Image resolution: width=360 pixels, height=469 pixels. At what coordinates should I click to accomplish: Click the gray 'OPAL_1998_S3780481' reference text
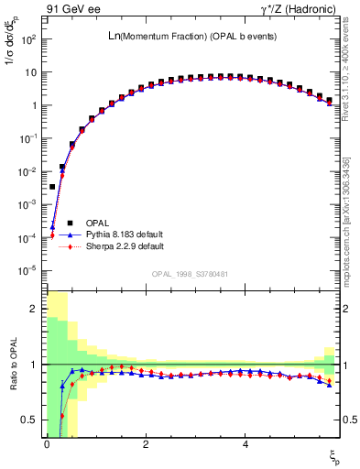click(191, 275)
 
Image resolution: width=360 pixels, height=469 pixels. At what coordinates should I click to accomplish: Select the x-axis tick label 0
click(46, 444)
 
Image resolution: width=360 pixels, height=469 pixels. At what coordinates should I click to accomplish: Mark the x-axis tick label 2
click(146, 444)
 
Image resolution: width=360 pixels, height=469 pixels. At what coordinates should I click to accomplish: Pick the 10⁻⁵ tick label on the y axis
click(27, 270)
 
